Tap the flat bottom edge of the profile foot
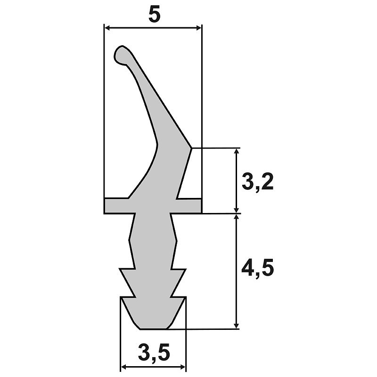153,328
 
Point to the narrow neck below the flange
154,218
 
